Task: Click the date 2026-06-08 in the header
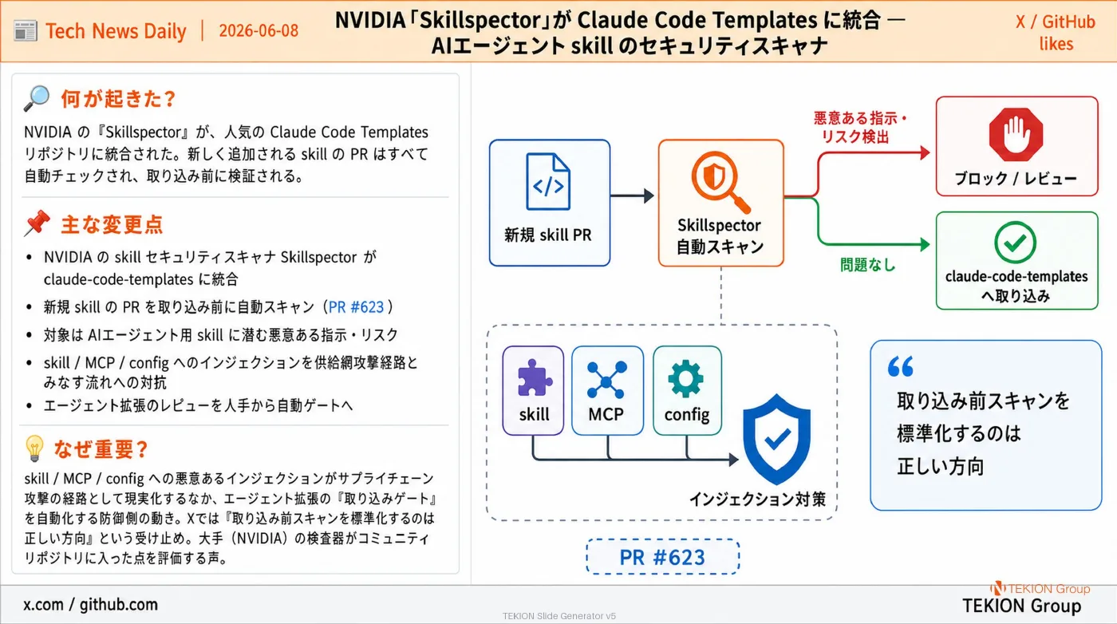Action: [259, 30]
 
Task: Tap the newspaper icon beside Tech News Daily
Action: [26, 31]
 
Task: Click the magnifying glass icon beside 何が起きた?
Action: [37, 98]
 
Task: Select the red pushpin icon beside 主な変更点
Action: [37, 223]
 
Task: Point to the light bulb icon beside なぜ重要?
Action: [34, 448]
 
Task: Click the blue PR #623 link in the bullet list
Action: [356, 306]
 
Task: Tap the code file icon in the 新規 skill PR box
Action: [548, 182]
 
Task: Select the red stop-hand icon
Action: [1016, 135]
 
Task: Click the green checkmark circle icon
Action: [1015, 243]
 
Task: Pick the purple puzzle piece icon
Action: [534, 378]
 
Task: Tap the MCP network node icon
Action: [606, 380]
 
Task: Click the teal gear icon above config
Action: [686, 379]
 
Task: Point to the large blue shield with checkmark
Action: [776, 440]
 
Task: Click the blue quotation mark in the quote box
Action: [901, 366]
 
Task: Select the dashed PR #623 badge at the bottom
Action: [663, 557]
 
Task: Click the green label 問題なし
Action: [868, 264]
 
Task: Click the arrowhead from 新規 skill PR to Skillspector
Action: [649, 195]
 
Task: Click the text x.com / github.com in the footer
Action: [90, 605]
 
